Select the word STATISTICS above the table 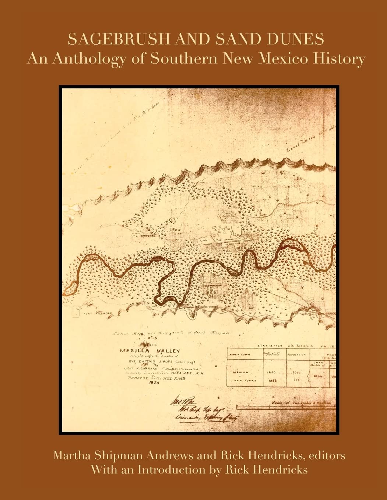[x=270, y=346]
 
